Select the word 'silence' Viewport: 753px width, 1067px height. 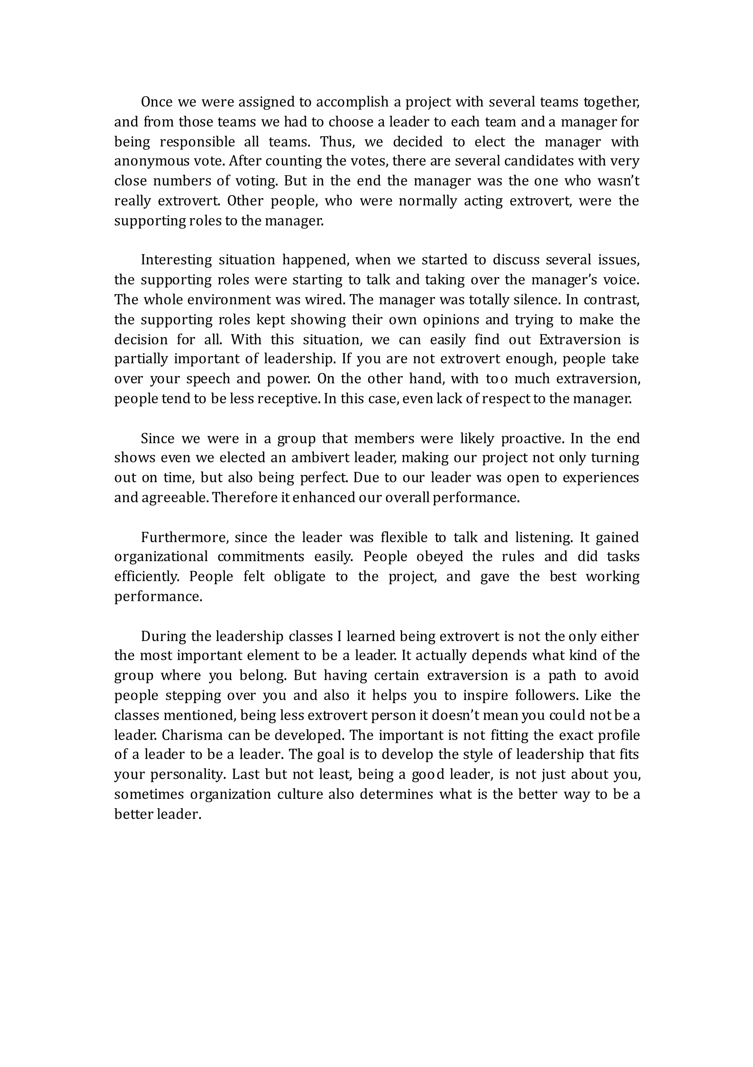(x=536, y=300)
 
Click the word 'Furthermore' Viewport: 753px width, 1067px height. (x=185, y=538)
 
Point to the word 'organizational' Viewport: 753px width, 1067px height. (x=161, y=557)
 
